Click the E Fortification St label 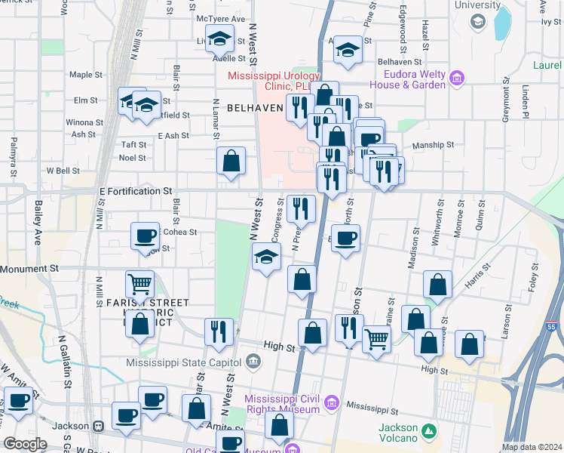click(x=136, y=192)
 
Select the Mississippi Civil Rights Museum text click(x=283, y=404)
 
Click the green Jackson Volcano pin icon click(x=428, y=431)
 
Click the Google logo click(x=24, y=444)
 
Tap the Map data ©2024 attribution click(x=532, y=447)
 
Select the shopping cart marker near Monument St click(x=140, y=285)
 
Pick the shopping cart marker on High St click(x=376, y=339)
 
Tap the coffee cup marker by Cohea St click(x=145, y=235)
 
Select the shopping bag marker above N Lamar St click(x=231, y=160)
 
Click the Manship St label click(x=433, y=144)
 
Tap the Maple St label click(x=85, y=75)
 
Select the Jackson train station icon click(x=98, y=425)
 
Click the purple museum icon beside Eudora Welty click(x=456, y=78)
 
